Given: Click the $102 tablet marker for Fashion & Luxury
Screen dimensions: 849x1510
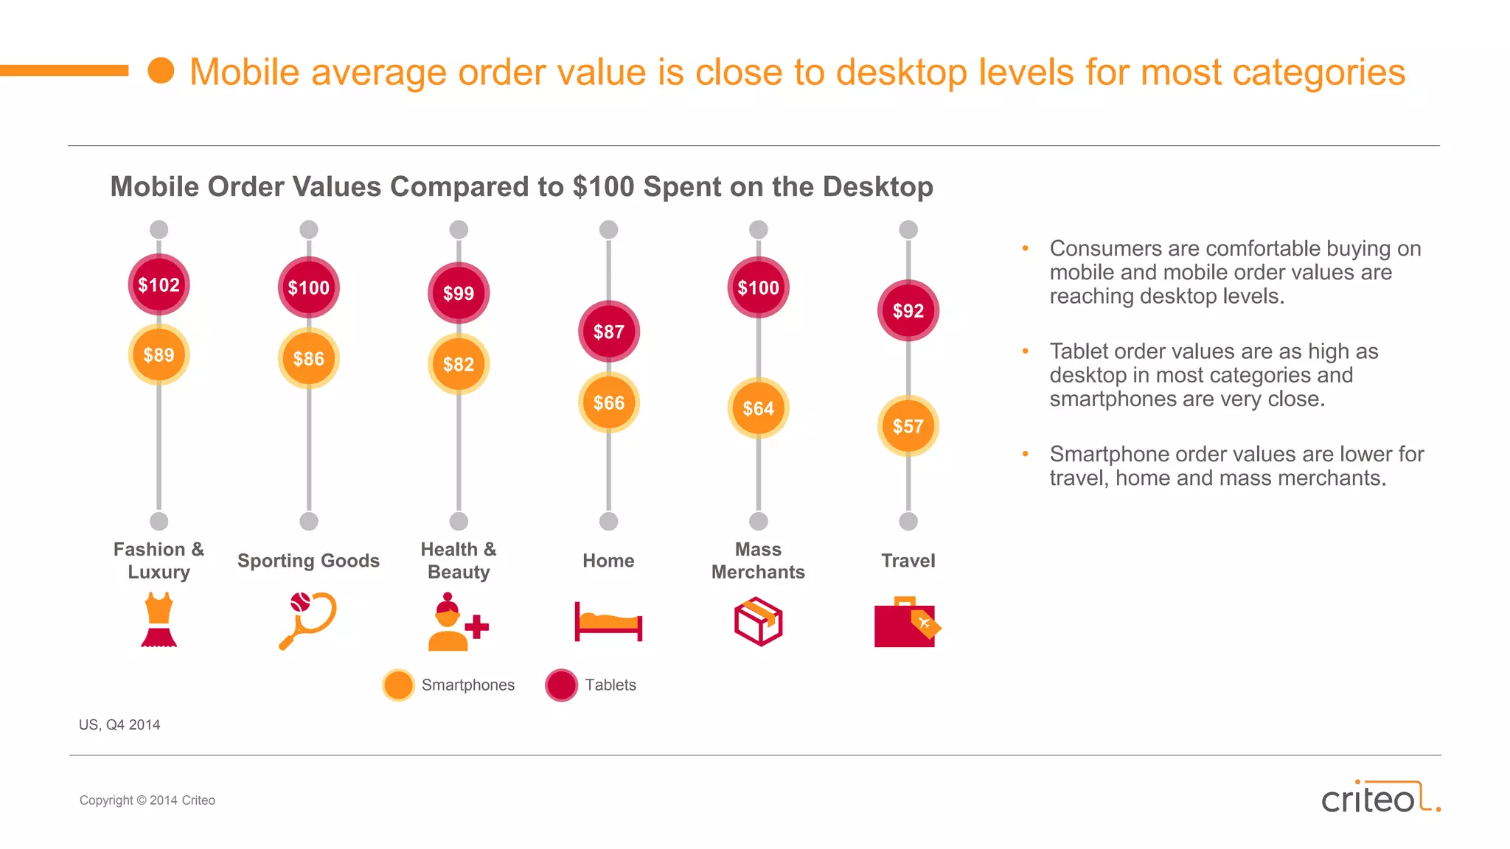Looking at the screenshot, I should [159, 285].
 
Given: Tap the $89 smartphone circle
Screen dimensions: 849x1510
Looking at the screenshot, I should [159, 355].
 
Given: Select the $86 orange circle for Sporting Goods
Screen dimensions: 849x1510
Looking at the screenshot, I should [309, 359].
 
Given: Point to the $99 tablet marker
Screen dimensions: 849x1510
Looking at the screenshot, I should [459, 293].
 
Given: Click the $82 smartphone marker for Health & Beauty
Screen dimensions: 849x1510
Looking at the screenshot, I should [459, 364].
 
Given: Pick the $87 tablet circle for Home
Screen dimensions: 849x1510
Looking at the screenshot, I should [609, 332].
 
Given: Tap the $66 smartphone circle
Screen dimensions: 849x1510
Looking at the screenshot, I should [609, 403].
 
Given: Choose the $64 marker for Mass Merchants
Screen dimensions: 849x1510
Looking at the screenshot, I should [759, 408].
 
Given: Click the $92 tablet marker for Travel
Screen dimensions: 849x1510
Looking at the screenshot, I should [908, 311].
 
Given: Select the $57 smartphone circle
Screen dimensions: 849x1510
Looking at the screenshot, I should [908, 426].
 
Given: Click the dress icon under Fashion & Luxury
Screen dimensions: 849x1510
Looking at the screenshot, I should [159, 621].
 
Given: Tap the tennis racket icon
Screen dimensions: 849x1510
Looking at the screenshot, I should [307, 621].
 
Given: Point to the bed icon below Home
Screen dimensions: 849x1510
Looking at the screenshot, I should [608, 622].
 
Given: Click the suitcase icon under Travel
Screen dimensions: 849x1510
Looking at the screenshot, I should [906, 623].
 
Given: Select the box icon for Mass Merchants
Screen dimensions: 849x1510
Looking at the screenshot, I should [758, 622].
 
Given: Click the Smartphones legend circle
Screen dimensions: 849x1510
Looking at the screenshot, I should [399, 685].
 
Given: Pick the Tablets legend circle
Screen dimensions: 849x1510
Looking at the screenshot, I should [562, 685].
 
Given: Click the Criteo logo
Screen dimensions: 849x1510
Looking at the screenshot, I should [1379, 798].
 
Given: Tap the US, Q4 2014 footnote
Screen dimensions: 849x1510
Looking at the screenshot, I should [119, 725].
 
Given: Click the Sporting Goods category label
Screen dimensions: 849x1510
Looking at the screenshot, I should [308, 561].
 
